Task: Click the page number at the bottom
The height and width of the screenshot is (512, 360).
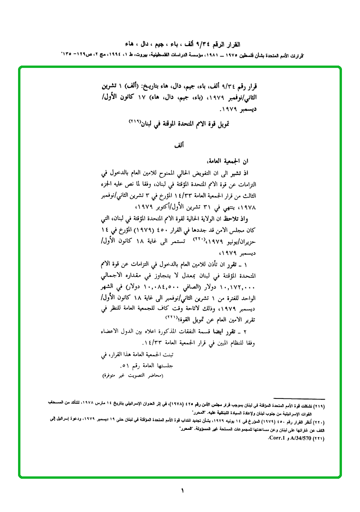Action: click(182, 490)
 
